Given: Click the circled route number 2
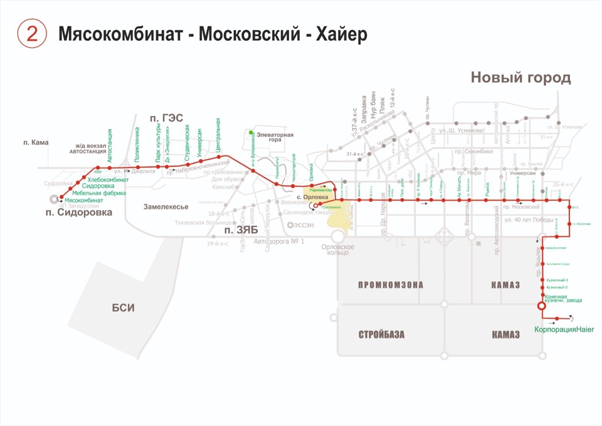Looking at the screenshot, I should pos(32,34).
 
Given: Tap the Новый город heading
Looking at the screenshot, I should pos(520,78).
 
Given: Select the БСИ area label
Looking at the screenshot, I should pos(124,307).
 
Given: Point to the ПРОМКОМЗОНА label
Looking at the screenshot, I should pos(390,285).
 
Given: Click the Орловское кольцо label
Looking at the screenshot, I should pos(338,250).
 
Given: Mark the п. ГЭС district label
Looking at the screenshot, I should pos(166,117).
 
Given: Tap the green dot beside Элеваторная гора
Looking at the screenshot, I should pos(251,132).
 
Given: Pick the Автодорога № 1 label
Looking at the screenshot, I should pos(278,242).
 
